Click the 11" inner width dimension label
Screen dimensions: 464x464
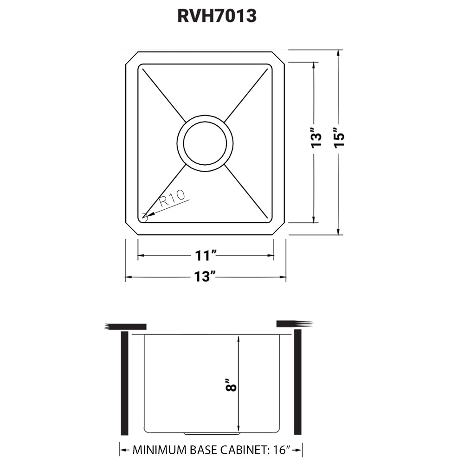(x=206, y=255)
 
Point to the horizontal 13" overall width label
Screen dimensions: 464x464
(x=206, y=277)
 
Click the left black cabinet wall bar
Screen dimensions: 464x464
(x=124, y=383)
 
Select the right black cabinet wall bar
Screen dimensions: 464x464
(x=297, y=383)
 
